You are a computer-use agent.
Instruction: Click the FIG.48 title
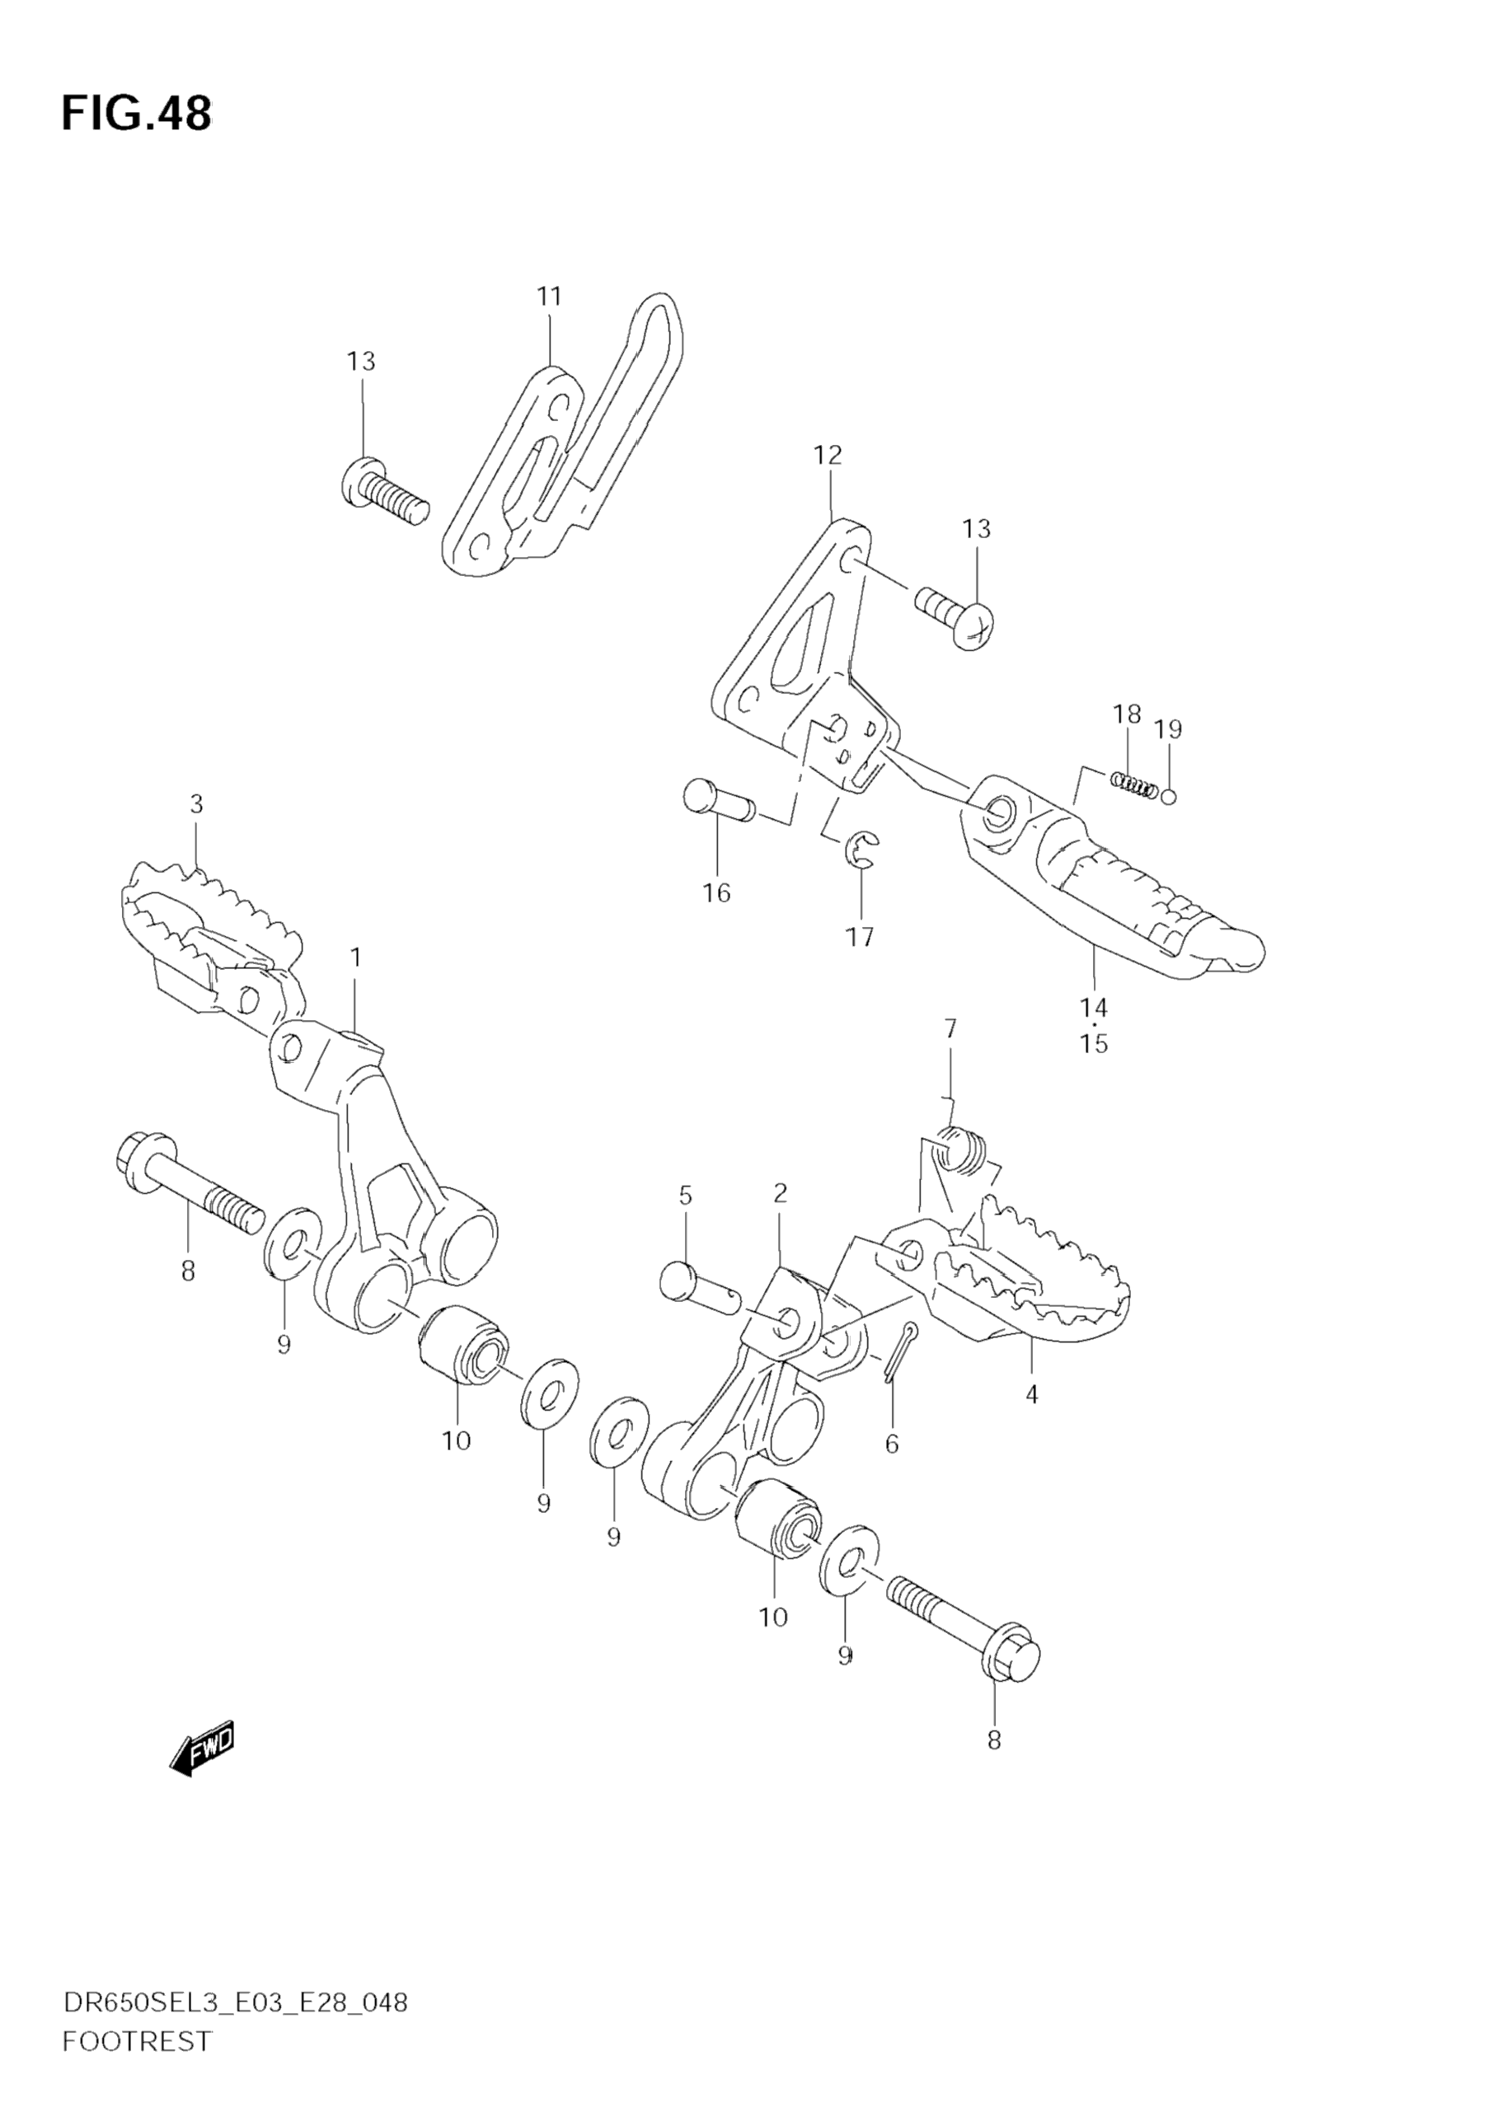pos(136,114)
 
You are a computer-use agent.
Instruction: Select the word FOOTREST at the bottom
pos(137,2041)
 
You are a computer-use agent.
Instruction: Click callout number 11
pos(549,297)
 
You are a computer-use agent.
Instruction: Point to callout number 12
pos(827,455)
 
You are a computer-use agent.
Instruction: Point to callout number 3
pos(196,805)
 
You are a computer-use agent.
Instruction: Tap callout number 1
pos(355,958)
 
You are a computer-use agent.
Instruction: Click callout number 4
pos(1032,1395)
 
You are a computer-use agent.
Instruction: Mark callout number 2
pos(781,1193)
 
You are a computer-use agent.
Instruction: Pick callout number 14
pos(1094,1008)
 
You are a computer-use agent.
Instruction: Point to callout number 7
pos(950,1028)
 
